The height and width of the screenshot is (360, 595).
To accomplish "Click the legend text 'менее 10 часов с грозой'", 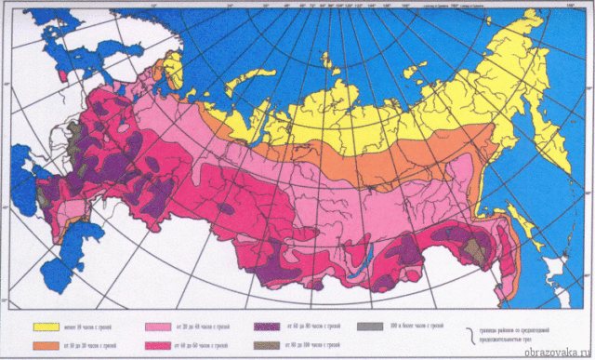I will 89,327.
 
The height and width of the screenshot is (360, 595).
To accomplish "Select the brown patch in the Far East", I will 476,248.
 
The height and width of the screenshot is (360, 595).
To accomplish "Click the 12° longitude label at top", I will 152,7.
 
